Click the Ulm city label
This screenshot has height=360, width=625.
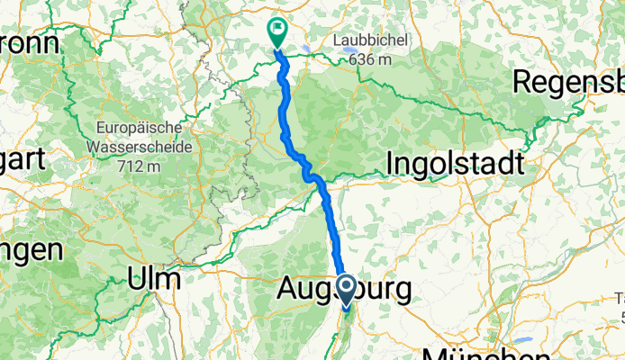tap(156, 279)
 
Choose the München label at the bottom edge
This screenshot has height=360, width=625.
tap(481, 351)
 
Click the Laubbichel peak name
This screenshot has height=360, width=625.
tap(371, 41)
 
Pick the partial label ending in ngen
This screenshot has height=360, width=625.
tap(31, 250)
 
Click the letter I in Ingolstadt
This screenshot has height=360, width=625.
tap(390, 165)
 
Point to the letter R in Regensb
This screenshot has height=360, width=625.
tap(525, 82)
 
